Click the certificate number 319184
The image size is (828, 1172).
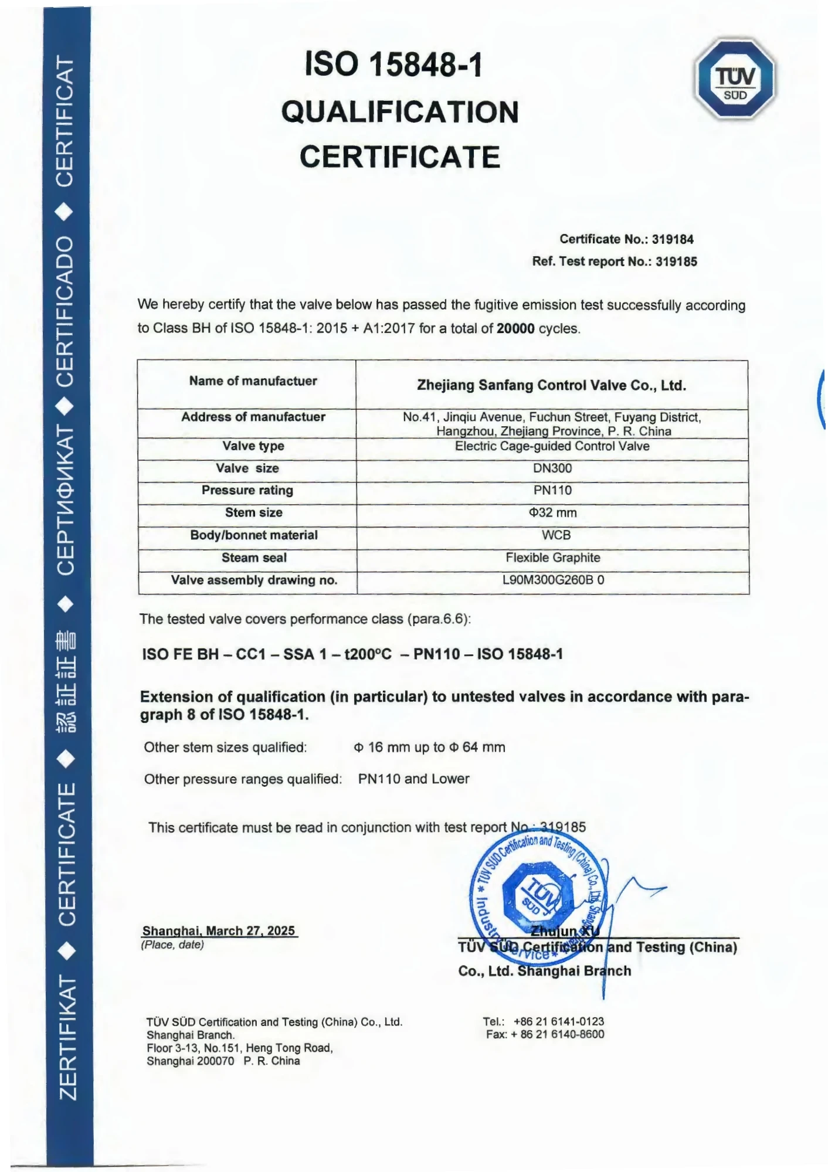click(673, 239)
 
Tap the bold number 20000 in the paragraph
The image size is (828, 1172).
click(515, 328)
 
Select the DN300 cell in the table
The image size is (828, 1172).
click(552, 468)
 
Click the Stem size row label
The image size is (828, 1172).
click(253, 513)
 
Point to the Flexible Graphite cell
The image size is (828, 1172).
click(553, 558)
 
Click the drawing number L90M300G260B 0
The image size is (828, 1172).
click(553, 580)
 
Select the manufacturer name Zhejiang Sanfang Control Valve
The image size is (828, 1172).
click(551, 385)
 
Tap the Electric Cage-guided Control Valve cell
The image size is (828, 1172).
click(552, 446)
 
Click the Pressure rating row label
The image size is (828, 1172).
click(247, 491)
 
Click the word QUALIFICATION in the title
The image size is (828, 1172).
click(400, 112)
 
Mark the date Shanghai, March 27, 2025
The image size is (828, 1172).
click(219, 931)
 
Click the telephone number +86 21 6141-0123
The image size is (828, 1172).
click(558, 1021)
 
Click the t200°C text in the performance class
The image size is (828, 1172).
click(368, 654)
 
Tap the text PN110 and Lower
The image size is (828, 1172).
click(413, 779)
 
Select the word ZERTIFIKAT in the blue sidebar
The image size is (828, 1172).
click(68, 1038)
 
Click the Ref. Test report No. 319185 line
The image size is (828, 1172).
click(615, 261)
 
